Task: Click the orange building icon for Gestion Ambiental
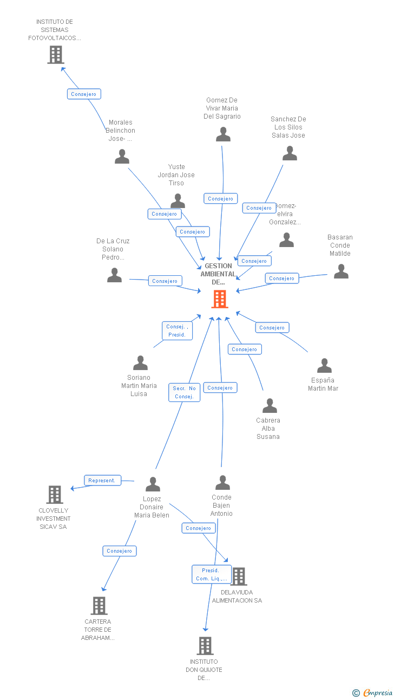click(x=219, y=299)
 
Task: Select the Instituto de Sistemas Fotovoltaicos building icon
click(x=56, y=55)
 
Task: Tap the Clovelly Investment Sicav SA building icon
click(x=55, y=495)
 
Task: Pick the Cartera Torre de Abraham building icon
click(x=99, y=605)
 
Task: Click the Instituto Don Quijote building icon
click(x=205, y=646)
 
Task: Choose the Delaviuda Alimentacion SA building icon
click(x=239, y=577)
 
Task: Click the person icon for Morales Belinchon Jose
click(x=122, y=157)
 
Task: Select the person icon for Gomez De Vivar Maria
click(x=223, y=134)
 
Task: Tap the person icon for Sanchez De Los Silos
click(x=290, y=154)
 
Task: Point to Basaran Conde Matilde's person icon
click(x=341, y=271)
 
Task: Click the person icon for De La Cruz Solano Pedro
click(x=114, y=275)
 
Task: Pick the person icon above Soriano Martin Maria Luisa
click(x=140, y=363)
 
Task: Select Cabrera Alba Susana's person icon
click(x=270, y=406)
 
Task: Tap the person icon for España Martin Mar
click(x=324, y=366)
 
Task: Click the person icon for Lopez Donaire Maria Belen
click(x=153, y=484)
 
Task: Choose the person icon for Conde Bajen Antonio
click(x=222, y=483)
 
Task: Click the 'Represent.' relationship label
click(x=102, y=481)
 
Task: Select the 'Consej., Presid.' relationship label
click(x=177, y=331)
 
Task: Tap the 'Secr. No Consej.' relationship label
click(x=184, y=392)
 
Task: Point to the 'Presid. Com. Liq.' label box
click(x=211, y=574)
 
